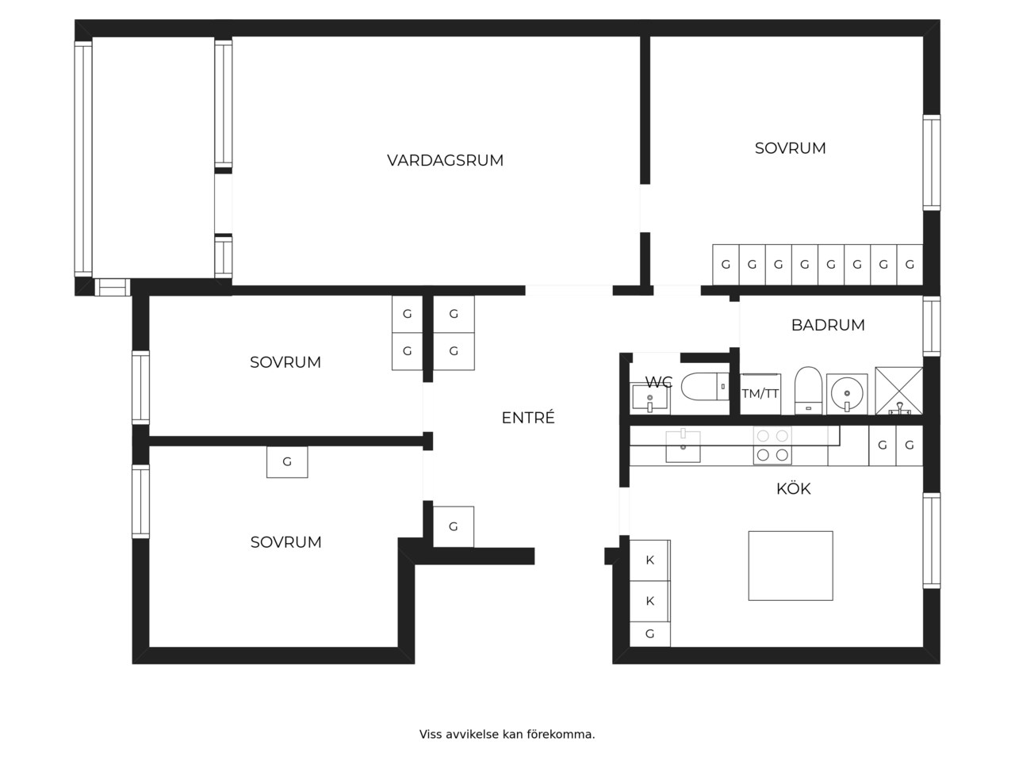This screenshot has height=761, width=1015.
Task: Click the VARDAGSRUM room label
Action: (445, 160)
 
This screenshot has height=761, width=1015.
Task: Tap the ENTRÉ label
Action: (528, 417)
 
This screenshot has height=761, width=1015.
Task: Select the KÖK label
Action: (793, 488)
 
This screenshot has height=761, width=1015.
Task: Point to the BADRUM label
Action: (828, 325)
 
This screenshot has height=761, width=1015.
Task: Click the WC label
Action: (658, 382)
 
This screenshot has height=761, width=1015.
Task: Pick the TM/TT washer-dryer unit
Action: (760, 394)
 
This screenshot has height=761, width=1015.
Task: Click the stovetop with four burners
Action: (772, 446)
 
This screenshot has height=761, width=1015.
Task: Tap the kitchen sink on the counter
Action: (683, 446)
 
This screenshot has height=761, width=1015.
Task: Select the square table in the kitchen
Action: (791, 565)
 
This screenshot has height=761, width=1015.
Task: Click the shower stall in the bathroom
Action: (898, 391)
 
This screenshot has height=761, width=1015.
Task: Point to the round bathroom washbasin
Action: (847, 394)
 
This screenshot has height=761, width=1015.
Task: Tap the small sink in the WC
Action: (649, 397)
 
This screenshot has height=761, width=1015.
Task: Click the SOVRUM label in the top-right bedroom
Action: (790, 148)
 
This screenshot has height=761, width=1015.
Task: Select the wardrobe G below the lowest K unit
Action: (649, 633)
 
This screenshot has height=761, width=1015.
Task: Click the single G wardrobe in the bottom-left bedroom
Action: (287, 461)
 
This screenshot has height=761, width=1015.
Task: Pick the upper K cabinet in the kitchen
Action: (649, 560)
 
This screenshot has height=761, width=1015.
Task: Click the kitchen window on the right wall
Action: (931, 541)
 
